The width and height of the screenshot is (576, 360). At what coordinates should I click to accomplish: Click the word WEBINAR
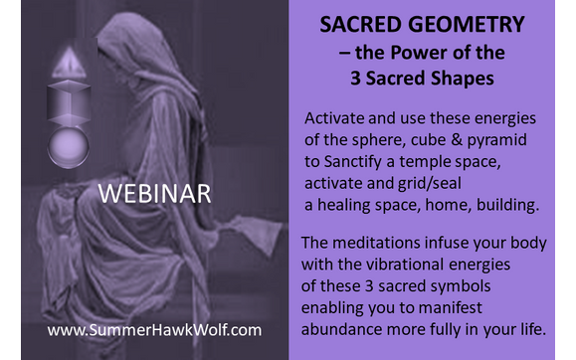pos(153,193)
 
